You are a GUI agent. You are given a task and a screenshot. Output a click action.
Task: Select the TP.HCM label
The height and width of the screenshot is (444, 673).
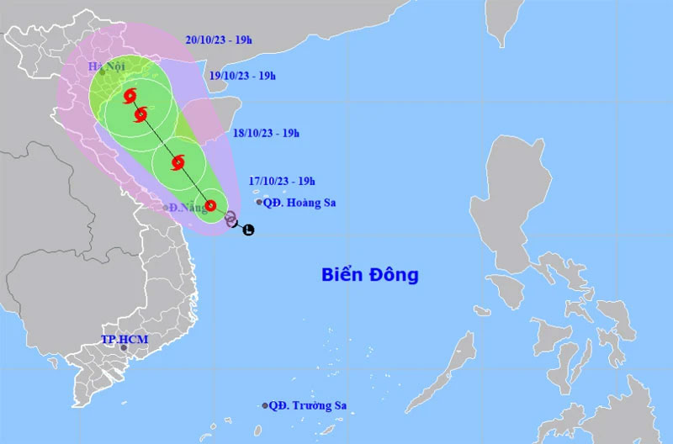point(125,339)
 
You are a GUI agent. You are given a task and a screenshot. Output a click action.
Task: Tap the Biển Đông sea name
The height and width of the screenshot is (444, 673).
point(370,274)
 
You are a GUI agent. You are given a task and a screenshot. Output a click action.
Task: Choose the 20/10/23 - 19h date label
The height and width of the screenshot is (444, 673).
point(220,39)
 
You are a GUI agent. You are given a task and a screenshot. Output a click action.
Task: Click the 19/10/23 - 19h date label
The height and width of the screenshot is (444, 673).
point(242,76)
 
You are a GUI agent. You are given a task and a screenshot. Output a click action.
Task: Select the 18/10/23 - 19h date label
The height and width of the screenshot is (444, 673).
point(266,132)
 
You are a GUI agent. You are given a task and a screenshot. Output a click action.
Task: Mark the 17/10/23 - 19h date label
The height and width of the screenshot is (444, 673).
point(282,180)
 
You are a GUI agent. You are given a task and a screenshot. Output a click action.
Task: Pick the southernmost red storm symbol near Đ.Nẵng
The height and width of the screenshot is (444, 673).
point(211,205)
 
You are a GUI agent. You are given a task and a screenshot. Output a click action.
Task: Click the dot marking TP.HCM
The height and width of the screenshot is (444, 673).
point(123,347)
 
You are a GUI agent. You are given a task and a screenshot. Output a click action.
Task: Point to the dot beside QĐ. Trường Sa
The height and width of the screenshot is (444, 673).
point(265,405)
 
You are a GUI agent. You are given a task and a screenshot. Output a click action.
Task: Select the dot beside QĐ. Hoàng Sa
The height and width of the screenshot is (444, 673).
point(259,202)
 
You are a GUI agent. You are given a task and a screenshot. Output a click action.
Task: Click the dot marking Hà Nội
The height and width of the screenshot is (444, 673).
point(103,72)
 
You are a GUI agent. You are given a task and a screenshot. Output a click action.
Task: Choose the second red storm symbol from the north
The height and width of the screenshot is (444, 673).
point(140,114)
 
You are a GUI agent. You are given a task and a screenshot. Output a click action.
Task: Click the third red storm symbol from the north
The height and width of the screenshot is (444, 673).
point(178,162)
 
